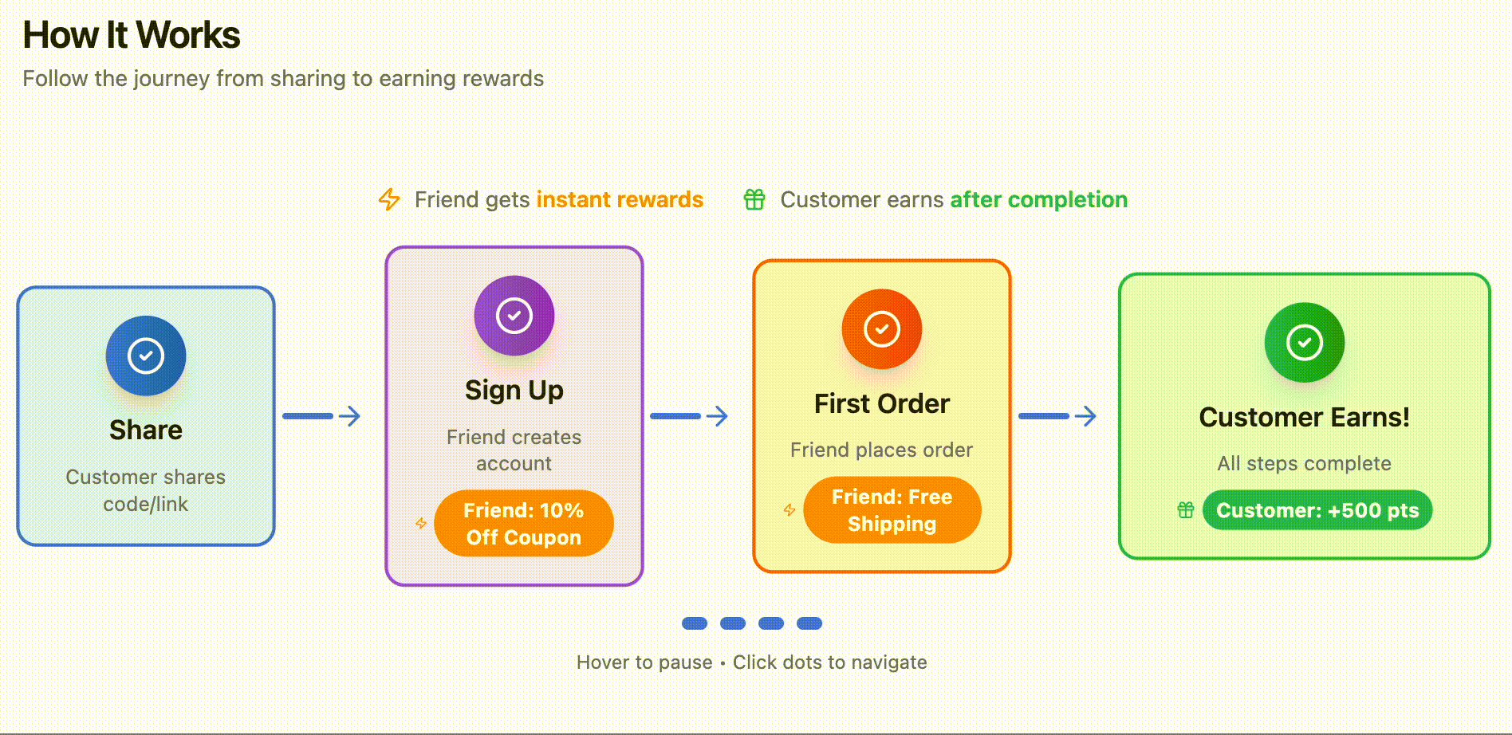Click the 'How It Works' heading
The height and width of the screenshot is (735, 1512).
click(x=132, y=35)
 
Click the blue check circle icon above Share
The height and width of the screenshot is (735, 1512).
click(x=146, y=356)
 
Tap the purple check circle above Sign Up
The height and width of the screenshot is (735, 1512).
click(x=514, y=315)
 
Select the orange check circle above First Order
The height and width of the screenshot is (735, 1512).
click(x=882, y=328)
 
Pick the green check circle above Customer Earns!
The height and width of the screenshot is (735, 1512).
click(x=1305, y=342)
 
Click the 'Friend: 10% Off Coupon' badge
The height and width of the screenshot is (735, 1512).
click(x=524, y=523)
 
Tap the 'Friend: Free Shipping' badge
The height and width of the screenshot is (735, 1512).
click(x=892, y=510)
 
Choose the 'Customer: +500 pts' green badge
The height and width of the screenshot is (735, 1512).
click(x=1317, y=510)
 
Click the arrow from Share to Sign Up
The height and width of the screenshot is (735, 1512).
click(x=322, y=415)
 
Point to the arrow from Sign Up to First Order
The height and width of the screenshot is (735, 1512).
click(x=690, y=415)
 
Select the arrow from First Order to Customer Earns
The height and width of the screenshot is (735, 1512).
click(x=1058, y=415)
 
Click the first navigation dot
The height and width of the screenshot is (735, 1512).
click(x=695, y=623)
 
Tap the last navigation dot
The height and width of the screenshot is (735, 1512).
click(x=809, y=623)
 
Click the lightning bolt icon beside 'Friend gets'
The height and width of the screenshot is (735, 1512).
click(x=389, y=199)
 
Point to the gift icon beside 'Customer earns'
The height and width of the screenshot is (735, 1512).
click(x=754, y=199)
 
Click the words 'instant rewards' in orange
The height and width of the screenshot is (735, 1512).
click(x=620, y=199)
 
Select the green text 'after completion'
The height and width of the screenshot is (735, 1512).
click(x=1038, y=199)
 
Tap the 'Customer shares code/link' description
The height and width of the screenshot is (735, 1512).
click(x=146, y=490)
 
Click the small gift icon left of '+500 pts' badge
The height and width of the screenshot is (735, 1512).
click(x=1186, y=510)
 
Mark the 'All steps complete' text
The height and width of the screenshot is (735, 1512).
click(x=1304, y=463)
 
